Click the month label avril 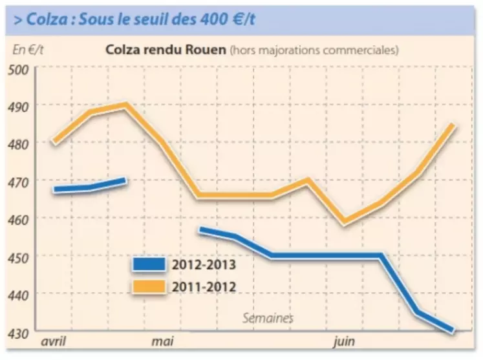(x=54, y=341)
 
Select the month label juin (x=345, y=341)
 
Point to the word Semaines (x=268, y=318)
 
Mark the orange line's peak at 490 (x=125, y=104)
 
